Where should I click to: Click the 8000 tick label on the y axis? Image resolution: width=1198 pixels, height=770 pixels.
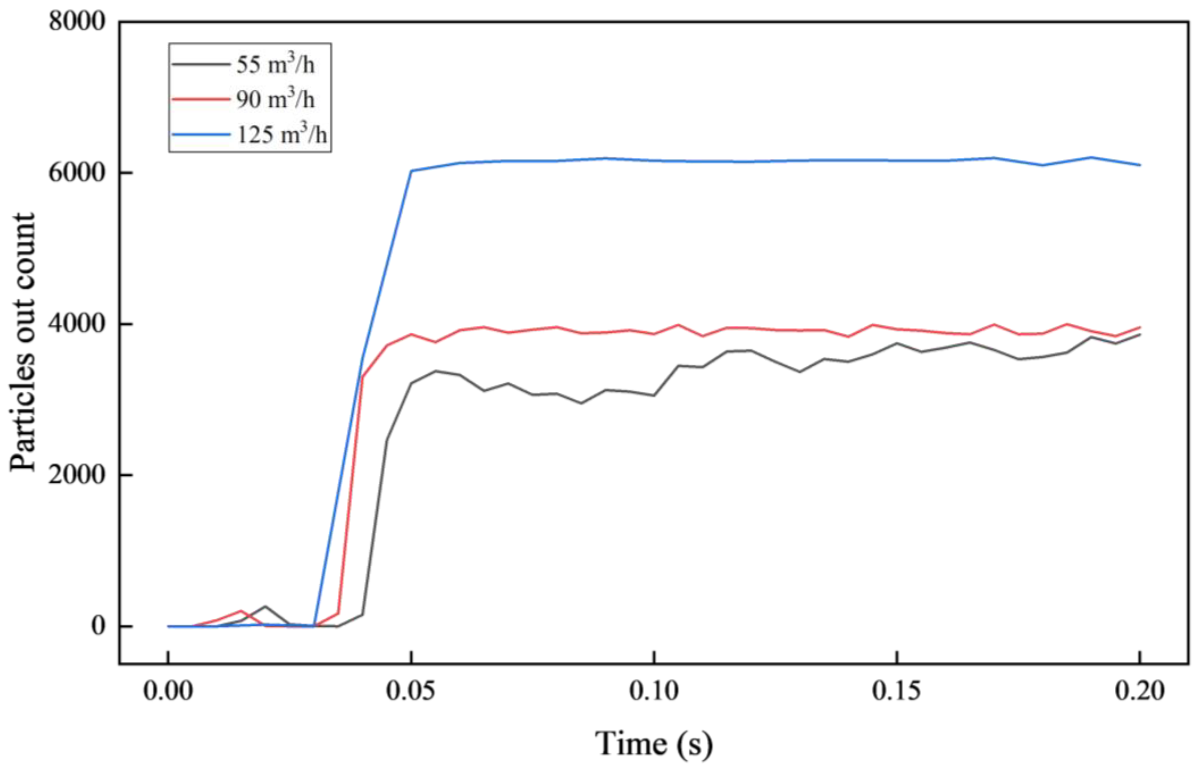pos(77,22)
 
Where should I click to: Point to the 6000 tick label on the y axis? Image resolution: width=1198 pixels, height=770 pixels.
pos(77,173)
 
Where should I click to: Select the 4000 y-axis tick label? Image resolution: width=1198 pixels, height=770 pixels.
pos(77,324)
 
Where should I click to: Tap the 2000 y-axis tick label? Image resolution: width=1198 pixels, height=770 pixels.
pos(77,475)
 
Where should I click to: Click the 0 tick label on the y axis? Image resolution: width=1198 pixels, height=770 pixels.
pos(98,626)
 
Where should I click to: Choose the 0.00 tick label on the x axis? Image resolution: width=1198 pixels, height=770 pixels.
pos(168,691)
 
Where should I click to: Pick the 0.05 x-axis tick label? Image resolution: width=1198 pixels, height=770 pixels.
pos(411,691)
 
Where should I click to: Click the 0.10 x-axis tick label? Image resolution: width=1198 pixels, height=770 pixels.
pos(654,691)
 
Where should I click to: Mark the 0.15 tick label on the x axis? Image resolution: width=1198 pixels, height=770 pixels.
pos(896,691)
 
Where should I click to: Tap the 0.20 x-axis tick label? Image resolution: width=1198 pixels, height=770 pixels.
pos(1139,691)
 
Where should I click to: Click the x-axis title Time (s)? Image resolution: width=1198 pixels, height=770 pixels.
pos(654,744)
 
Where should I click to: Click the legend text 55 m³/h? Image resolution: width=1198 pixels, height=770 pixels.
pos(275,64)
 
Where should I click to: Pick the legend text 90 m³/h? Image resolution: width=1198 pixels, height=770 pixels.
pos(275,99)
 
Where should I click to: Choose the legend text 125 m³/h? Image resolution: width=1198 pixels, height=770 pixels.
pos(281,134)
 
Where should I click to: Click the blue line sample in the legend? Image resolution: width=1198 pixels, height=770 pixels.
pos(200,134)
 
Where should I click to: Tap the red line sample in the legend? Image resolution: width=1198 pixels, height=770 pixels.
pos(200,99)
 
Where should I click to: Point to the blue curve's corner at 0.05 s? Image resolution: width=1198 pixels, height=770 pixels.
pos(411,171)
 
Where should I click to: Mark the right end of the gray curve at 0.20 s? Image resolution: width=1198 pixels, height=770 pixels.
pos(1139,334)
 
